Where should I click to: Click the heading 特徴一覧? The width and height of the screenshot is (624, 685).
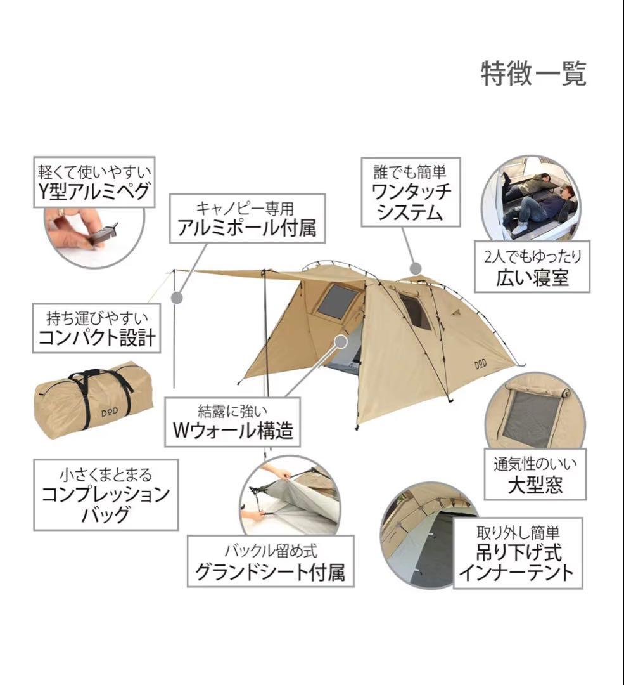pyautogui.click(x=533, y=74)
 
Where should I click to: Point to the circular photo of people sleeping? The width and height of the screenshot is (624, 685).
pyautogui.click(x=530, y=200)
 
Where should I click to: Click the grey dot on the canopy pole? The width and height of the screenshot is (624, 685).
pyautogui.click(x=178, y=296)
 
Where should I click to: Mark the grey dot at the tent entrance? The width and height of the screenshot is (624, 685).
pyautogui.click(x=341, y=340)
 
